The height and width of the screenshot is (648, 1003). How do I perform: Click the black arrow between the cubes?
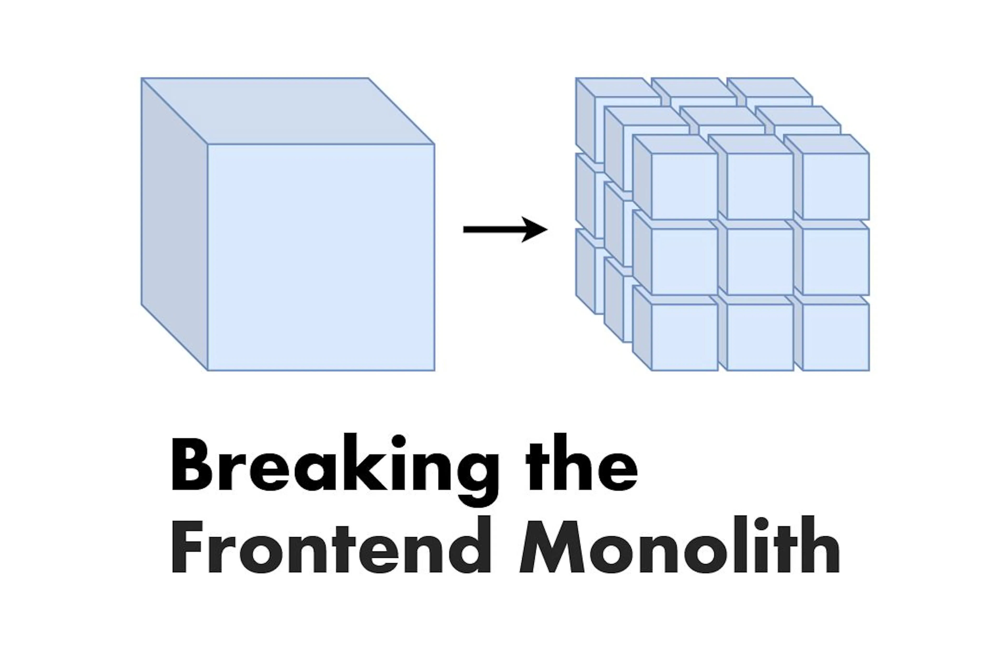coord(505,229)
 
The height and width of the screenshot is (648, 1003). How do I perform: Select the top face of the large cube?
coord(288,111)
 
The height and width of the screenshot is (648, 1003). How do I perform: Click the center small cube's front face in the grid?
coord(760,262)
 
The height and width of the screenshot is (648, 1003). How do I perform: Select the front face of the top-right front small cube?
coord(836,186)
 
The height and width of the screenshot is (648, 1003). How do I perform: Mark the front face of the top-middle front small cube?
coord(760,186)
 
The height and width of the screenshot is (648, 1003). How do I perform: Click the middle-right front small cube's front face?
coord(836,262)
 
